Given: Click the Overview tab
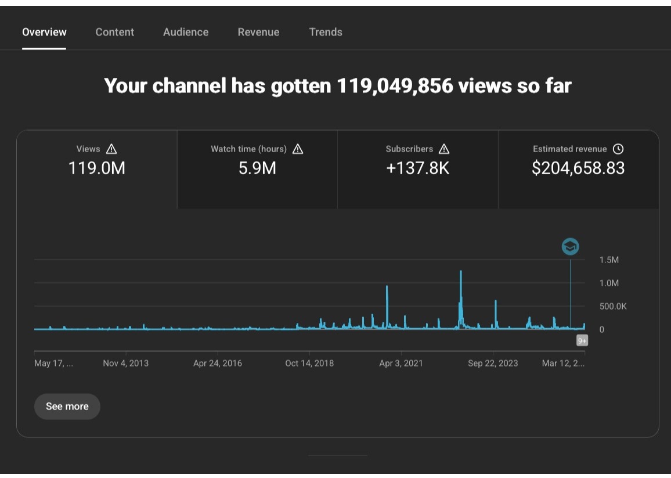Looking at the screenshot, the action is click(x=44, y=32).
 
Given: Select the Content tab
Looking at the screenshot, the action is click(x=115, y=32).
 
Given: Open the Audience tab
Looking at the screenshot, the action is click(x=186, y=32).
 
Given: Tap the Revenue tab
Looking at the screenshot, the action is click(x=258, y=32).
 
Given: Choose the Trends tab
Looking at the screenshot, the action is click(x=326, y=32).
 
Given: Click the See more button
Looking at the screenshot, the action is click(x=67, y=406).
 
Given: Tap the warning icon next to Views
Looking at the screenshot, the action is click(x=111, y=149).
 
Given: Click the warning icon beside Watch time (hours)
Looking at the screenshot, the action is click(x=298, y=149).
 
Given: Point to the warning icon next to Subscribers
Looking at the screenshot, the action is click(x=444, y=149).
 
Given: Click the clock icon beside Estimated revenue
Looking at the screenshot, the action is click(x=618, y=149).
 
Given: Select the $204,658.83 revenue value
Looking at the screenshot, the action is click(x=578, y=168).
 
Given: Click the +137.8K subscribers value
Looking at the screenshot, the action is click(x=418, y=168).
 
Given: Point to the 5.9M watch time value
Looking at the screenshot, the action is click(x=257, y=168).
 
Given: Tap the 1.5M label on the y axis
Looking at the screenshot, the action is click(x=609, y=260).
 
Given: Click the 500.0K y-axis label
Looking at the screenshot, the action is click(x=613, y=306).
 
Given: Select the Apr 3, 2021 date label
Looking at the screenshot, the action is click(x=401, y=363).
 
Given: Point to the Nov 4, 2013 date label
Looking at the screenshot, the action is click(x=126, y=363).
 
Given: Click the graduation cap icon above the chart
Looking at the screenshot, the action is click(x=571, y=246).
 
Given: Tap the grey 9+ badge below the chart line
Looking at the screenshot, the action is click(x=582, y=340).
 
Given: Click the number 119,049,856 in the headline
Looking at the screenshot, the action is click(x=395, y=85).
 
